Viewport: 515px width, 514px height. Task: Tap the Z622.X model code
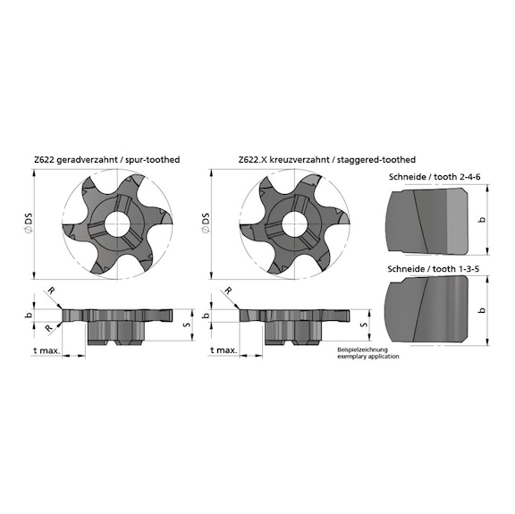253,159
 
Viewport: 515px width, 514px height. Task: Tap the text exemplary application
367,357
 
